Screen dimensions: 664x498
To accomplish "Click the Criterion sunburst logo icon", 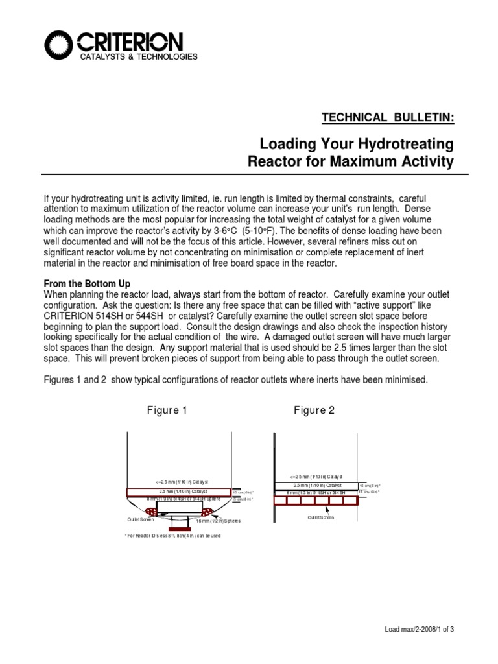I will point(60,45).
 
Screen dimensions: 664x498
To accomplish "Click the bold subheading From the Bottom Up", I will point(87,283).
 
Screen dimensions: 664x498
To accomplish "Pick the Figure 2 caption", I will point(314,410).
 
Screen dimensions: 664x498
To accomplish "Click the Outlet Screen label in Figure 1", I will point(140,519).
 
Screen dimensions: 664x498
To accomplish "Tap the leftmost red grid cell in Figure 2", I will point(281,501).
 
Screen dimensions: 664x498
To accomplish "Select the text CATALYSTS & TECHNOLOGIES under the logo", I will point(138,58).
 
